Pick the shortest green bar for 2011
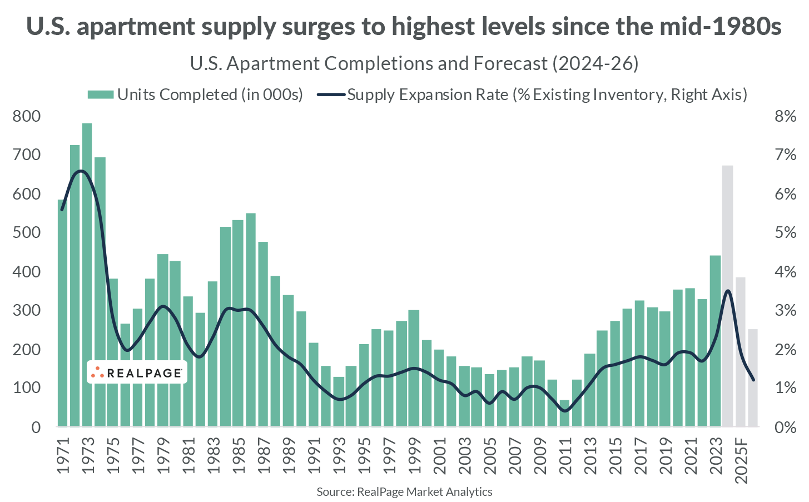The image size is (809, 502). (564, 414)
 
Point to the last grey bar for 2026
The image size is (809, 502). (752, 378)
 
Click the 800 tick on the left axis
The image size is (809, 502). (27, 116)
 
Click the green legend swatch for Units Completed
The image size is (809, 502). (101, 95)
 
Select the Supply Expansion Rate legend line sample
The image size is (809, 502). (331, 95)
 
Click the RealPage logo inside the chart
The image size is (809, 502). (137, 372)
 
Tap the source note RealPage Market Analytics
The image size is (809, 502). (404, 491)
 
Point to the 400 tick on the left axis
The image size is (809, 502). (27, 272)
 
